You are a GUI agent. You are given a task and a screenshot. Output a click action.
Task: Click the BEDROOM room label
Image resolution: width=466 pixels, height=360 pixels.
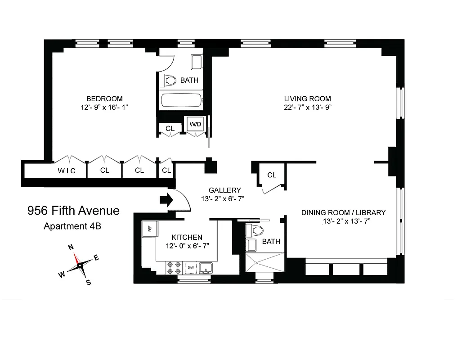104,99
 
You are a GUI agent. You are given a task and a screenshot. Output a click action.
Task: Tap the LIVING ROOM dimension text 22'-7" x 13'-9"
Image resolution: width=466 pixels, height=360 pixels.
308,107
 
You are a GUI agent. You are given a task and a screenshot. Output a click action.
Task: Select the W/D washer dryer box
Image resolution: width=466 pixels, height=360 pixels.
195,124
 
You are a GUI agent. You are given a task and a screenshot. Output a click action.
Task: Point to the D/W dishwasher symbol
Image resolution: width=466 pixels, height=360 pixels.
191,268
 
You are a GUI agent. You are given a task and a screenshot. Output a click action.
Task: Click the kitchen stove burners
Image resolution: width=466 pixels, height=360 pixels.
174,267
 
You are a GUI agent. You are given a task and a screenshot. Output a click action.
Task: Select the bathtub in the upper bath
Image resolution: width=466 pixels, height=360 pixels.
180,100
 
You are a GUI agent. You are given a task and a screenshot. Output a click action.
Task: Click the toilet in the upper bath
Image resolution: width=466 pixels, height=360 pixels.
168,81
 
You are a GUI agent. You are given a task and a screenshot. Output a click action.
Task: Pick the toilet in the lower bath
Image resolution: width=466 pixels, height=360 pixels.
255,230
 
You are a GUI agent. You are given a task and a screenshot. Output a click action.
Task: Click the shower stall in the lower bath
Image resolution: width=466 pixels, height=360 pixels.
265,262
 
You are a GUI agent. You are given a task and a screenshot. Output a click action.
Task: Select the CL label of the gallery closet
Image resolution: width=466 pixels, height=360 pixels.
272,175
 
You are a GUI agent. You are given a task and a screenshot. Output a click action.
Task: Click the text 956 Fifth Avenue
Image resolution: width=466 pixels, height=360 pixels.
73,211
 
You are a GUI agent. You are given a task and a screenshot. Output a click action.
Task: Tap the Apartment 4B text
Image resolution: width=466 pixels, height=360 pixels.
72,226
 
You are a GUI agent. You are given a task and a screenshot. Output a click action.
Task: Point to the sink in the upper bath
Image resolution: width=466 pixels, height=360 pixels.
196,62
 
